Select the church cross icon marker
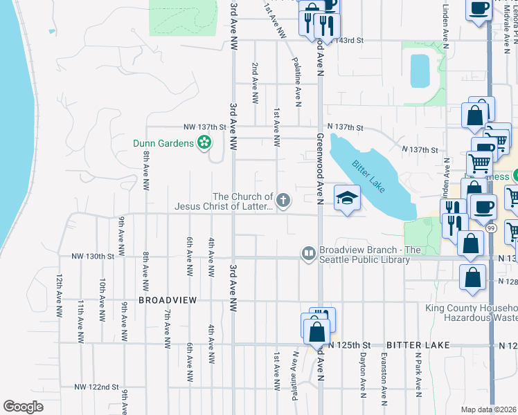click(283, 201)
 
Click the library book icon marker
click(308, 254)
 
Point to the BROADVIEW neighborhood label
click(168, 300)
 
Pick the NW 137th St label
click(205, 127)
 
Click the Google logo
click(23, 406)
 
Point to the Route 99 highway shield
click(490, 246)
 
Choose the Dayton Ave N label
click(362, 376)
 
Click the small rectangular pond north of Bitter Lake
click(420, 70)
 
